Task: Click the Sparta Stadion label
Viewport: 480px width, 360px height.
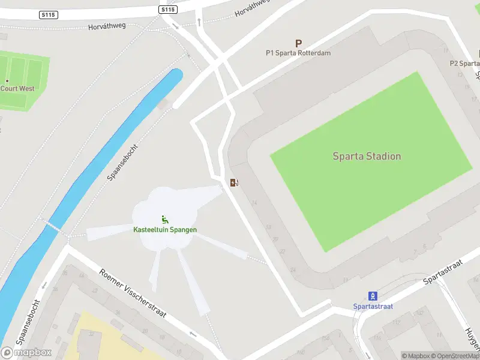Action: coord(367,156)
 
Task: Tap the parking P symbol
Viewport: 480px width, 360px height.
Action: coord(298,43)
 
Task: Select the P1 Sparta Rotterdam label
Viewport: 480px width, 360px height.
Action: coord(298,53)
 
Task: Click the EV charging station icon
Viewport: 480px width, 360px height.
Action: coord(234,182)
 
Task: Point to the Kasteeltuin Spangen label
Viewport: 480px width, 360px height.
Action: coord(165,230)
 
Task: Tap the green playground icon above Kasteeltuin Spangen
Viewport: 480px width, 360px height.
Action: coord(164,220)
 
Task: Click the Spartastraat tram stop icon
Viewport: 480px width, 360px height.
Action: coord(373,296)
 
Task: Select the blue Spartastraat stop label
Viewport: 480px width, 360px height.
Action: coord(373,306)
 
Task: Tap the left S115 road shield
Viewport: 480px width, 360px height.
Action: coord(49,14)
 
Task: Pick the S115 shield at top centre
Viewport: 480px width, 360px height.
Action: coord(169,10)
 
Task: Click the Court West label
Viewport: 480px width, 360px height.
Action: coord(17,88)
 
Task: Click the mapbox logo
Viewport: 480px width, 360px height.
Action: coord(26,352)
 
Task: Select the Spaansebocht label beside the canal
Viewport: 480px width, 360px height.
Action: coord(123,163)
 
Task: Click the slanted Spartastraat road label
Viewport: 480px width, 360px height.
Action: coord(445,272)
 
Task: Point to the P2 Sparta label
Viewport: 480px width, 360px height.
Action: coord(466,63)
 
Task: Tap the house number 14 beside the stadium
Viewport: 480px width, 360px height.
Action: coord(254,203)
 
